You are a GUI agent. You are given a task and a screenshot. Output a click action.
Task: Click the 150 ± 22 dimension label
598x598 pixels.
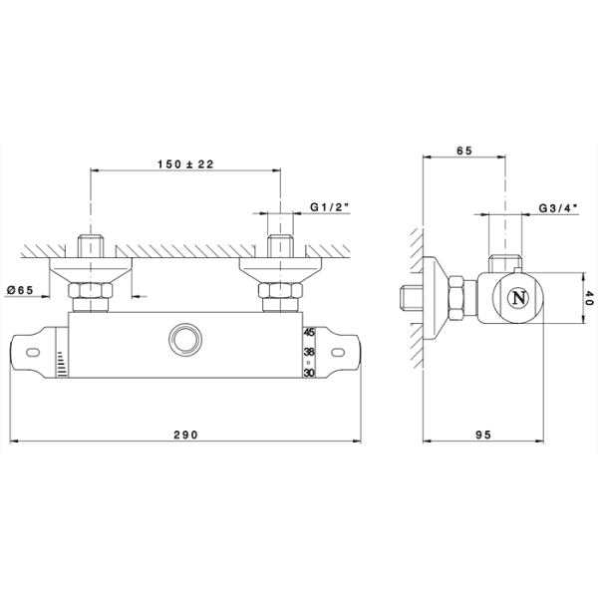pyautogui.click(x=185, y=164)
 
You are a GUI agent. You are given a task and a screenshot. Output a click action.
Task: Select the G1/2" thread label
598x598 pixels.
pyautogui.click(x=330, y=207)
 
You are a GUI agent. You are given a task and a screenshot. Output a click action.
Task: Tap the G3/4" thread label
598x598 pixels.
pyautogui.click(x=558, y=208)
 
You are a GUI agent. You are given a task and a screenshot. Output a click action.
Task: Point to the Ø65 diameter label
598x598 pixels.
pyautogui.click(x=20, y=290)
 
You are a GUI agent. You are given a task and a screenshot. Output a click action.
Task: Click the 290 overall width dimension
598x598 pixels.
pyautogui.click(x=186, y=435)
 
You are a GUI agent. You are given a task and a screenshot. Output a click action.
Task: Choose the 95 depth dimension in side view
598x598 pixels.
pyautogui.click(x=483, y=435)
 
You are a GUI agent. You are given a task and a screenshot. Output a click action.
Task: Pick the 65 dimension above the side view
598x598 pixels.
pyautogui.click(x=464, y=150)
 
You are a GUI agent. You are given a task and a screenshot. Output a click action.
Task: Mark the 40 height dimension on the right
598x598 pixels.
pyautogui.click(x=590, y=298)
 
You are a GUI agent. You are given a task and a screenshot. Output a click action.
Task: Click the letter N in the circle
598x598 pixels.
pyautogui.click(x=519, y=298)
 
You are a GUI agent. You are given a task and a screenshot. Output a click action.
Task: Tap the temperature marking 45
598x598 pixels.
pyautogui.click(x=309, y=333)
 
